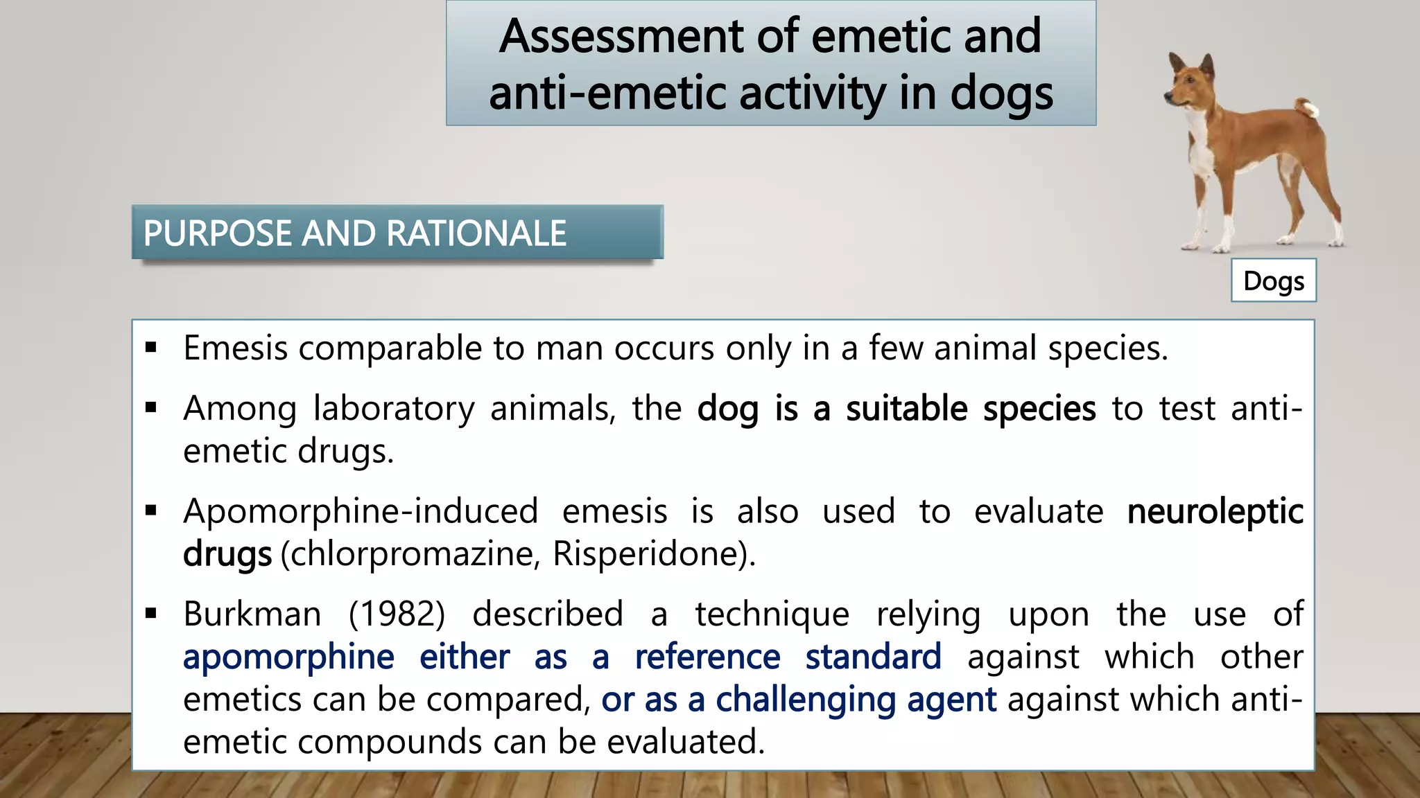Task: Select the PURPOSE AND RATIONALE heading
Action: (355, 233)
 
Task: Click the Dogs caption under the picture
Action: (1273, 281)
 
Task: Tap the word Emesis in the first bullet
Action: (235, 348)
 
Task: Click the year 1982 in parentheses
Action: (397, 614)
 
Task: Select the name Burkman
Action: (252, 614)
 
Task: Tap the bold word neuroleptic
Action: (1215, 512)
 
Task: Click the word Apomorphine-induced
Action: (361, 512)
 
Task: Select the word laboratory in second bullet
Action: (393, 409)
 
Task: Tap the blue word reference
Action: (707, 657)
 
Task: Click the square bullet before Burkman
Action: (151, 613)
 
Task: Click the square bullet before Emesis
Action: (151, 347)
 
